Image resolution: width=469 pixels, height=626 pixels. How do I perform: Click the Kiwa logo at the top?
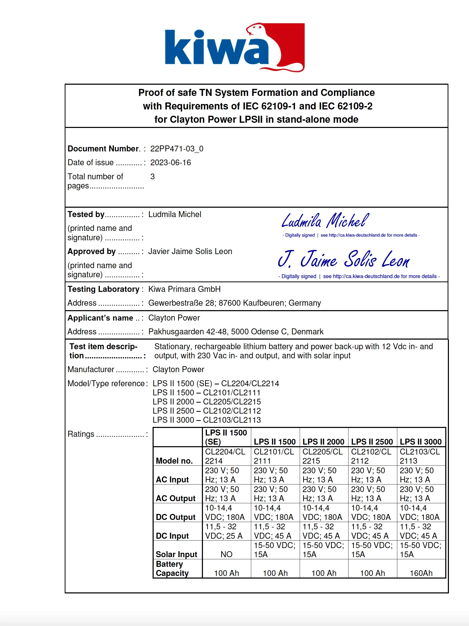[234, 47]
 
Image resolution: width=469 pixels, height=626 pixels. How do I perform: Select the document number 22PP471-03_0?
[177, 149]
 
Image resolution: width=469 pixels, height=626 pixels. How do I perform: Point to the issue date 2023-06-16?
[171, 162]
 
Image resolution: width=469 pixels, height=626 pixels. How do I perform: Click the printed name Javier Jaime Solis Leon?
[190, 251]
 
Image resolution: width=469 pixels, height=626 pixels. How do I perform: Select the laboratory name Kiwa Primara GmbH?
[184, 289]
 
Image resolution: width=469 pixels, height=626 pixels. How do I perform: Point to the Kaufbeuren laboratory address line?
[234, 303]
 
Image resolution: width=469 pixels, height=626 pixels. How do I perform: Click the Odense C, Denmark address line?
[236, 332]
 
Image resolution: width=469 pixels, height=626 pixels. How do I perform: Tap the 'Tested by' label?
[86, 214]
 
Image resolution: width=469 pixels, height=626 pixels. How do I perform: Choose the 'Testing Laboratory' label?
[103, 289]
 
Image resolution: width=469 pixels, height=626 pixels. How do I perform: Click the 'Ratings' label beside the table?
[81, 434]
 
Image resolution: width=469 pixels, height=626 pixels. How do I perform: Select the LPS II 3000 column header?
[420, 441]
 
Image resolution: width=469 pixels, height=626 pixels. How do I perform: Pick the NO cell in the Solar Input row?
[226, 554]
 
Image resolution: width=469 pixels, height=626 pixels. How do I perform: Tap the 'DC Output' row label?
[176, 517]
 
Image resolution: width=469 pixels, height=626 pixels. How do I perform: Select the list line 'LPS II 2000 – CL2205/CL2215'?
[207, 402]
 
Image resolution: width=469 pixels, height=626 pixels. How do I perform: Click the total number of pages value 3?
[152, 176]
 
